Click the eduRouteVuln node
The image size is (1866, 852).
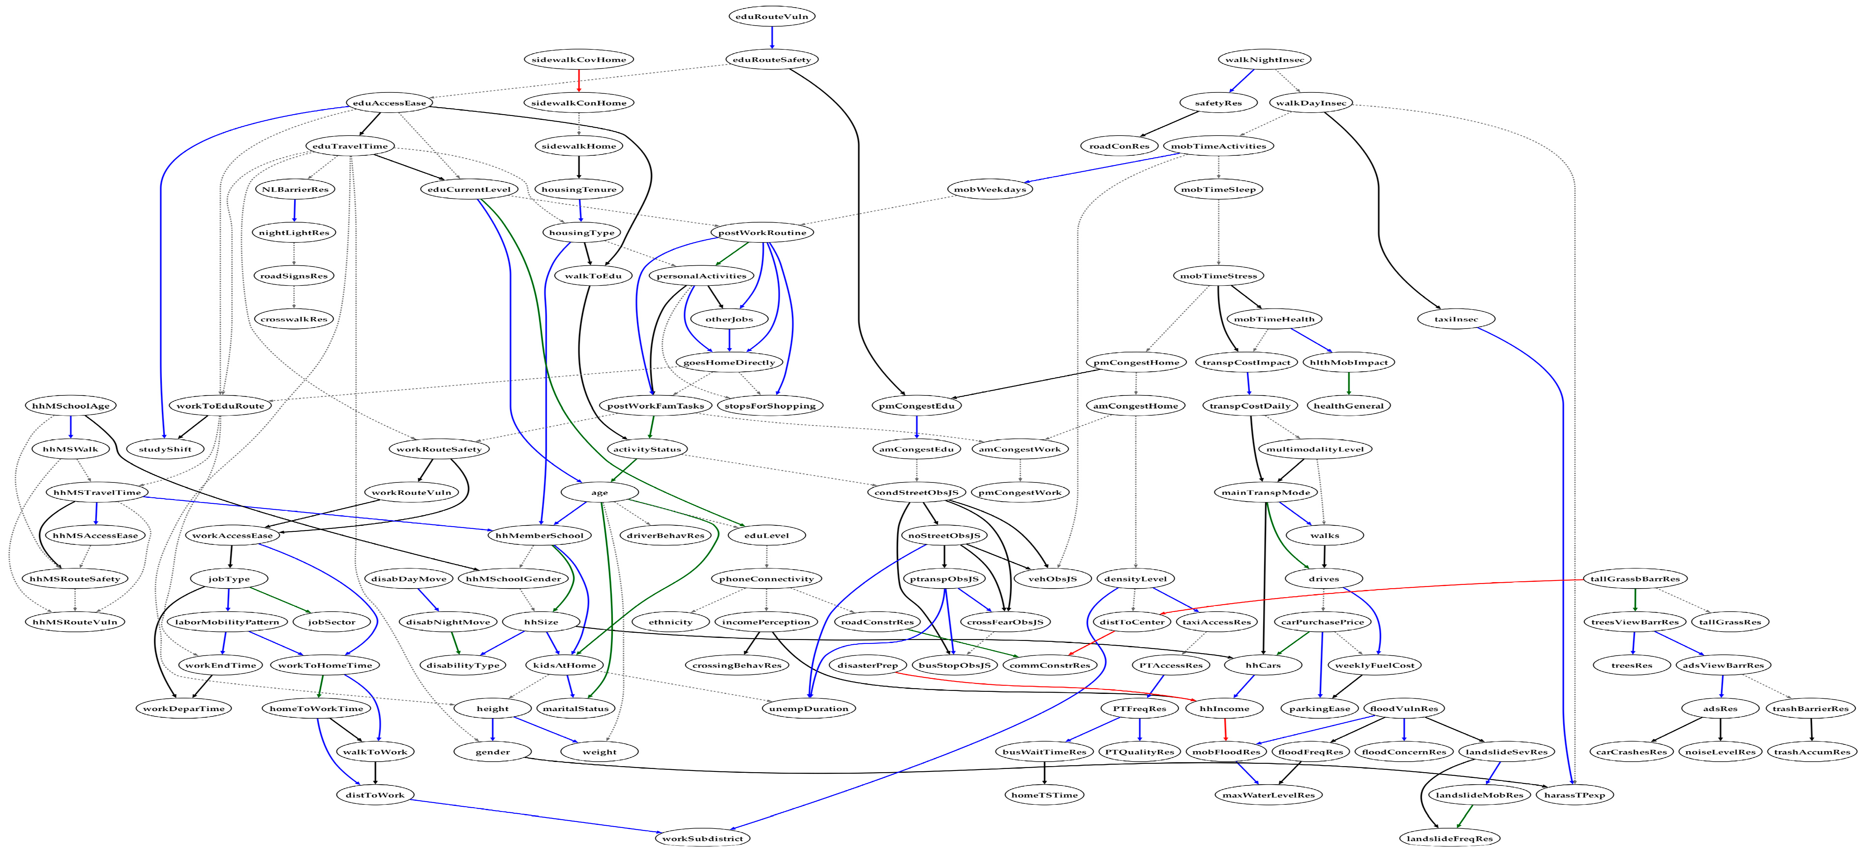(771, 16)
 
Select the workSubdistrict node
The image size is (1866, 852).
(703, 838)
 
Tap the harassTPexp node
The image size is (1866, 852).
(1575, 795)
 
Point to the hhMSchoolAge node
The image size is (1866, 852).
(70, 405)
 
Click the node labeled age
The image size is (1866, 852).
(600, 492)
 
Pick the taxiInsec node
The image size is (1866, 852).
(1456, 319)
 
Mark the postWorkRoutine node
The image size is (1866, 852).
(762, 233)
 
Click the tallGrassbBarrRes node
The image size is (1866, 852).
(1635, 578)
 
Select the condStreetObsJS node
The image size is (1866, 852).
(916, 492)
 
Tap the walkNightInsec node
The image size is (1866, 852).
(1265, 59)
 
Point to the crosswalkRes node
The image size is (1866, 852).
(294, 319)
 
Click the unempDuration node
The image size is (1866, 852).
(808, 709)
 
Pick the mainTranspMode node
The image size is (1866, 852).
(1265, 492)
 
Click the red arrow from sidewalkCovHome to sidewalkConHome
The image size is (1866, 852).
(579, 80)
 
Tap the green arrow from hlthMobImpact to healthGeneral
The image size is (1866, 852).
(1349, 384)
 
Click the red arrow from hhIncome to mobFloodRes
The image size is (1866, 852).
(1225, 730)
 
